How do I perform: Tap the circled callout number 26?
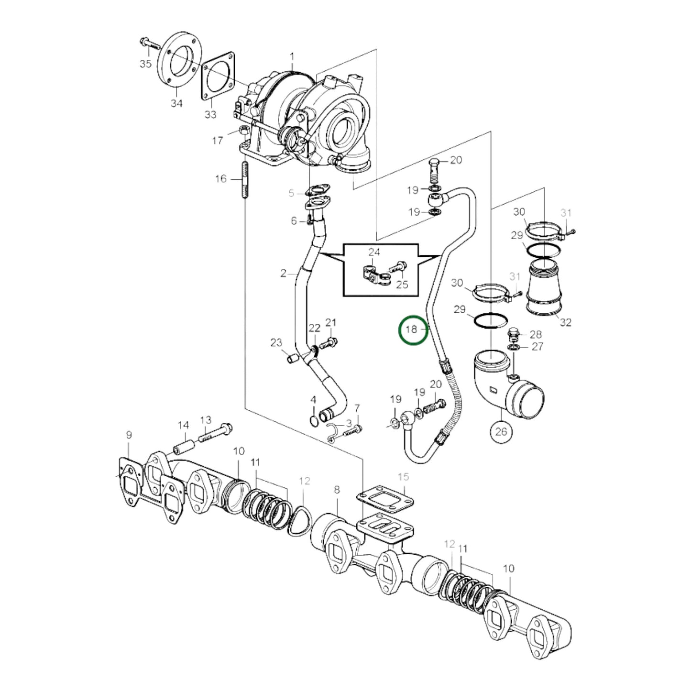[501, 431]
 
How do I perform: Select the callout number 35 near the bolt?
[145, 64]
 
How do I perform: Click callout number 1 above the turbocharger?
[292, 56]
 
